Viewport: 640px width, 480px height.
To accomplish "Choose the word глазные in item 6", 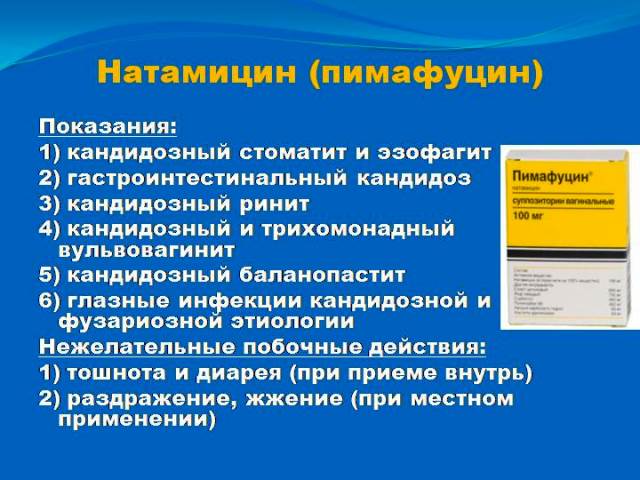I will tap(114, 299).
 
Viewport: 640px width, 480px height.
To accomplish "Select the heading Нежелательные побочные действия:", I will tap(263, 347).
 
